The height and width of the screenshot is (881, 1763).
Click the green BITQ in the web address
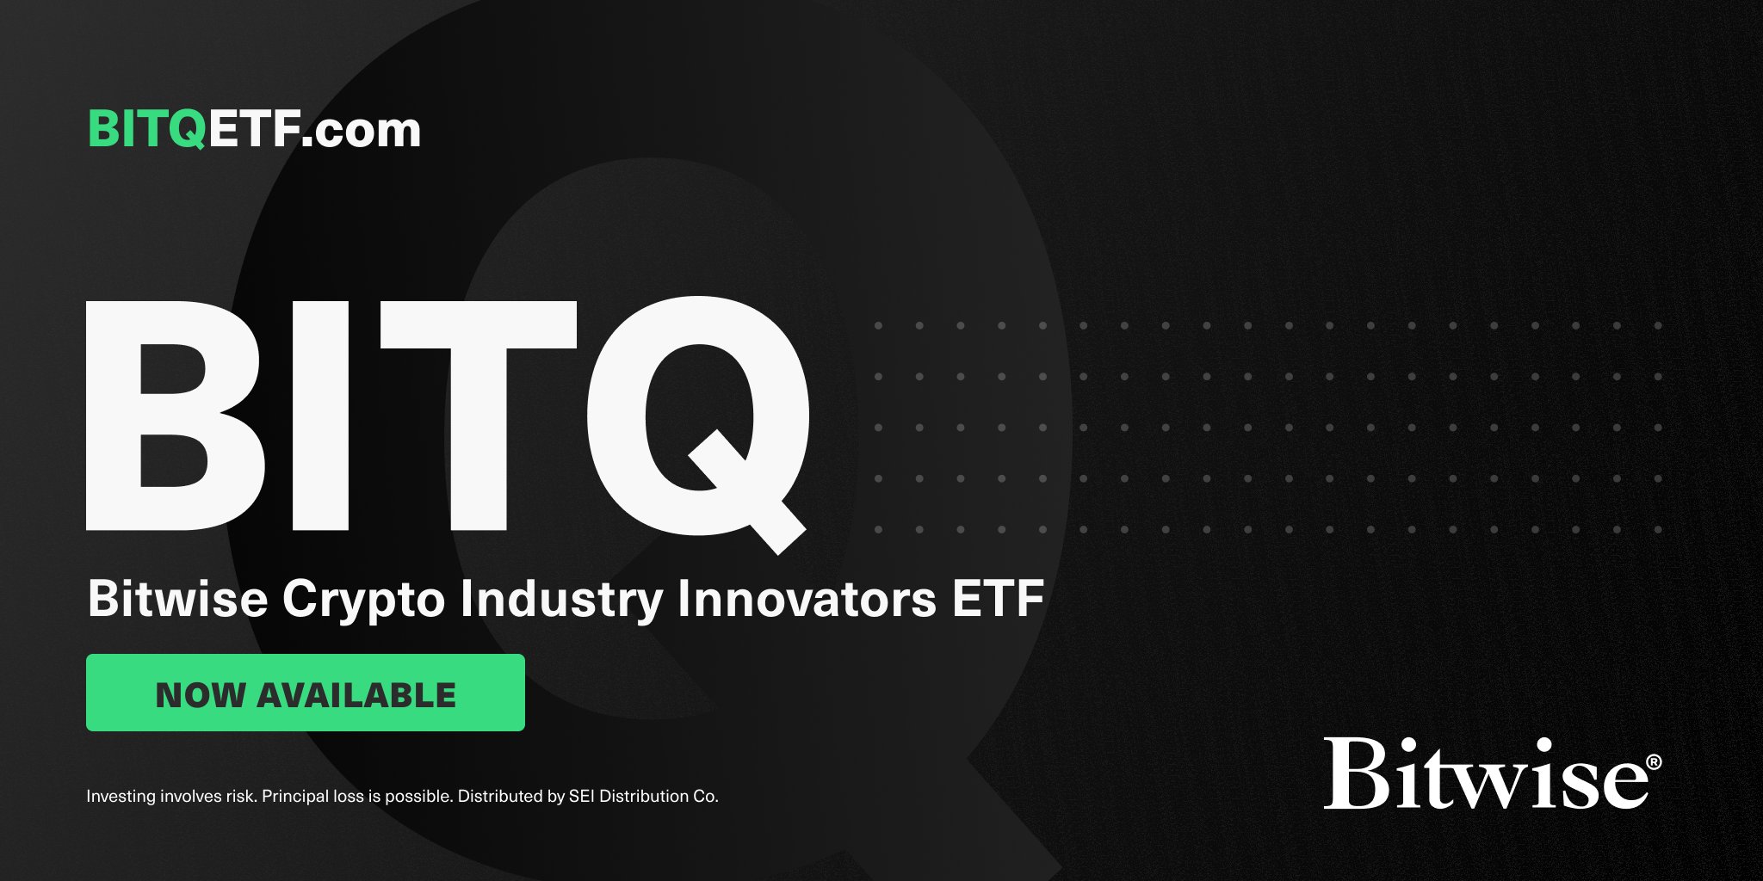point(147,130)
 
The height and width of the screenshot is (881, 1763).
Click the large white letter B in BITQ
point(172,415)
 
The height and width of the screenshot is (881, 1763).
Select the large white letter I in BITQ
point(320,415)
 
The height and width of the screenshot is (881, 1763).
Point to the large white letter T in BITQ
point(477,415)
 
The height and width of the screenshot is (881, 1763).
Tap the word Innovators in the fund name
point(807,598)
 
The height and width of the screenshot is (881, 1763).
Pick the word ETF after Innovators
point(998,598)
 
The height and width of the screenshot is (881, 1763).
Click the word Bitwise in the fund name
point(177,598)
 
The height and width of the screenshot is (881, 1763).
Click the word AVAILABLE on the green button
point(356,695)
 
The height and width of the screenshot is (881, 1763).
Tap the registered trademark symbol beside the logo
point(1654,762)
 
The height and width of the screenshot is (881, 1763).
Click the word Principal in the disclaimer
point(295,797)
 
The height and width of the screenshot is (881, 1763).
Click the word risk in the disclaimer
point(240,797)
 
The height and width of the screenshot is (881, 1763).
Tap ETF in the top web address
point(254,130)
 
